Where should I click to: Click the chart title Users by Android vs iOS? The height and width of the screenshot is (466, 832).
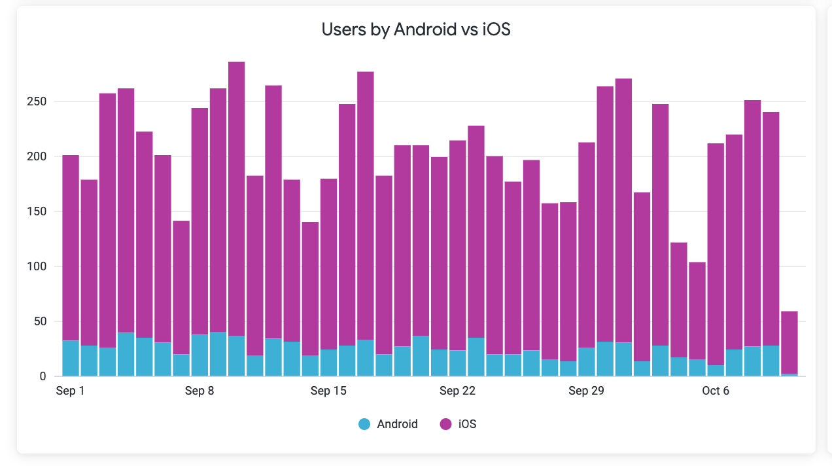(415, 29)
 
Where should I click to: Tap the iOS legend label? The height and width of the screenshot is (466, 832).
(467, 424)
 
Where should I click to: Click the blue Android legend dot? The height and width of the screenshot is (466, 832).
(364, 424)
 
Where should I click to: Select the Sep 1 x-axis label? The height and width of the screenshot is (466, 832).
(70, 391)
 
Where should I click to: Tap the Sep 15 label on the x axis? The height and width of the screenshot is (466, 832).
(328, 391)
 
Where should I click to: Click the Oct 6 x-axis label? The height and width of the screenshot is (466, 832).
(715, 391)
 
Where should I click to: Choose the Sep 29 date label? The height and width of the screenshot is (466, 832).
(587, 391)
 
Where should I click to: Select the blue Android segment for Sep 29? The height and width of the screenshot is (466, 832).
(587, 362)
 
